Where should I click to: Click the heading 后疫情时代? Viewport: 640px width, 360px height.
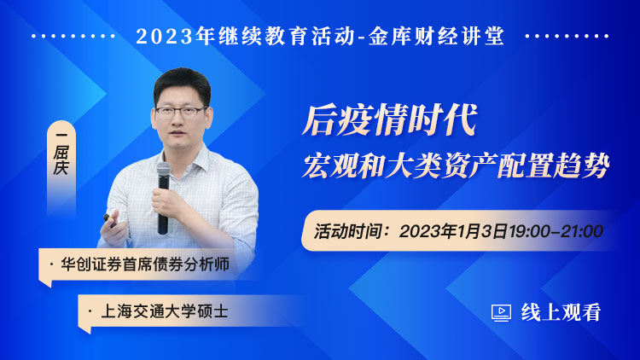tap(390, 120)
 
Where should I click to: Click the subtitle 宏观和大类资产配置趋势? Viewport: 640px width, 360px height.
tap(456, 165)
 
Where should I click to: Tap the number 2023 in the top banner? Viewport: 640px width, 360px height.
tap(164, 37)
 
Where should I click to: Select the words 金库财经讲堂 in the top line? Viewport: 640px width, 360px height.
tap(436, 36)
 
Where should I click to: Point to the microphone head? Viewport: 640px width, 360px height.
tap(164, 170)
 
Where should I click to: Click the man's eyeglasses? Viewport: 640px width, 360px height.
tap(180, 112)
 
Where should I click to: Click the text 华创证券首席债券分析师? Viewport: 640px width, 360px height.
tap(145, 264)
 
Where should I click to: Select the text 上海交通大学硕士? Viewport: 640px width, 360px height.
tap(164, 312)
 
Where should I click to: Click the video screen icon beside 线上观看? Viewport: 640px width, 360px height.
tap(501, 313)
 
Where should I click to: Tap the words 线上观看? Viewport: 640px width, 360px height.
tap(561, 312)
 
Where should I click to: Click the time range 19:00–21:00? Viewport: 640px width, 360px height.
tap(556, 231)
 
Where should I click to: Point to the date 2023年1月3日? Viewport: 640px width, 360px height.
tap(453, 231)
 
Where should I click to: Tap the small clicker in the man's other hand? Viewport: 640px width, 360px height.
tap(108, 218)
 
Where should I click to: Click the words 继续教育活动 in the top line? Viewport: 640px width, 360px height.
tap(287, 36)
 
